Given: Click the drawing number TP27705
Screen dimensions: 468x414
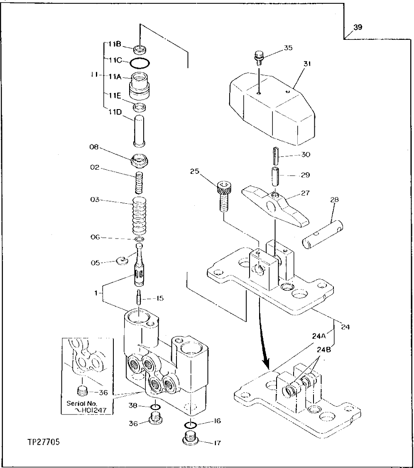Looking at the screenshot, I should click(43, 442).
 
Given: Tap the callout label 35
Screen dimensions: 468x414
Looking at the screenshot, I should click(288, 48).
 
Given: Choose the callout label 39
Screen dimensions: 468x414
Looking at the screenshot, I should click(358, 28).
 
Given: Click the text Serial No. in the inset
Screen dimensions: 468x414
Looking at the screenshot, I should click(79, 403).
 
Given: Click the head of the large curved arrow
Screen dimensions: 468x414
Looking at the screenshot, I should click(266, 365).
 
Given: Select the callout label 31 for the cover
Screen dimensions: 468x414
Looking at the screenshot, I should click(308, 64).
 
